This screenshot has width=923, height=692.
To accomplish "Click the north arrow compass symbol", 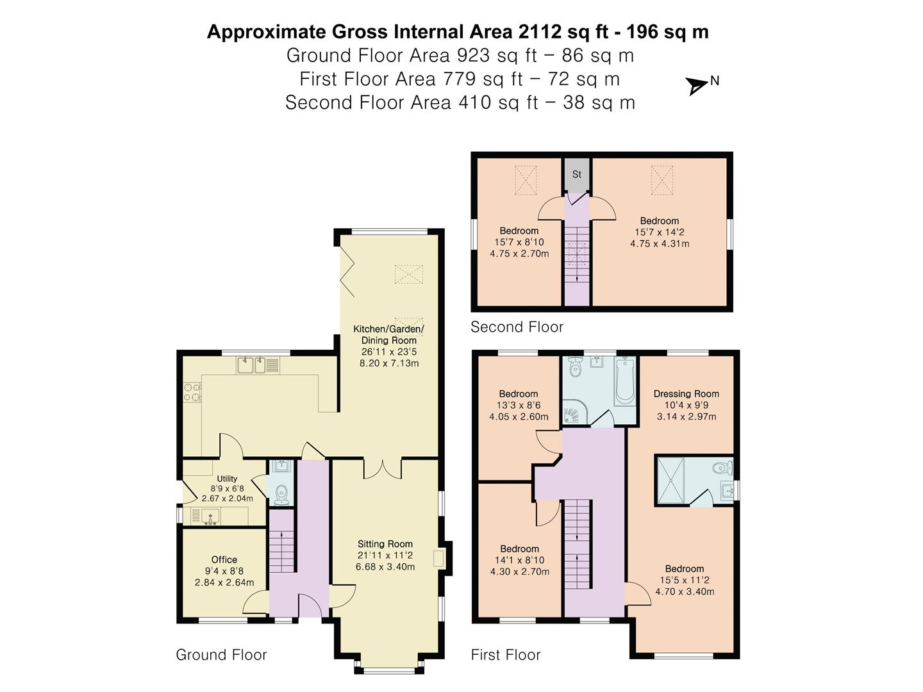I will click(x=697, y=85).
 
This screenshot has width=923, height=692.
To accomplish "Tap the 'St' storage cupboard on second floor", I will click(x=577, y=174).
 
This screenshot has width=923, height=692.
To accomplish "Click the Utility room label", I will click(x=227, y=479).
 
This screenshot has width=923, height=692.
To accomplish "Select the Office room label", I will click(x=224, y=559).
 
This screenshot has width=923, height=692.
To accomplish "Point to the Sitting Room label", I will click(x=385, y=544).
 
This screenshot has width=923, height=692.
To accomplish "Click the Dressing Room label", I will click(x=686, y=394).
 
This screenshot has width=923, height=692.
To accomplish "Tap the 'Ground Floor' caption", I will click(x=221, y=655).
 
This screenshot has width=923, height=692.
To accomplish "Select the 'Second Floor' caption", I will click(x=517, y=327).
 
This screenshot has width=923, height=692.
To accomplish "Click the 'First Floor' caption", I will click(x=506, y=655).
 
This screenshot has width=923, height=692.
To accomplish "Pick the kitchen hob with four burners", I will click(x=192, y=392).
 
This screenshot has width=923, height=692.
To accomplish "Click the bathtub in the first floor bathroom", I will click(x=624, y=382).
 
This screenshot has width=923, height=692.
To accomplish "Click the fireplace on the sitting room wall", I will click(x=440, y=558).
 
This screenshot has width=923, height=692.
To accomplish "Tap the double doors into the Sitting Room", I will click(x=383, y=468).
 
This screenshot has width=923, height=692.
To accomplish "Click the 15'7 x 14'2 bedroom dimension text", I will click(x=660, y=233).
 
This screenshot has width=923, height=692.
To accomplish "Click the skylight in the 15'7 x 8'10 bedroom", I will click(x=526, y=180).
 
